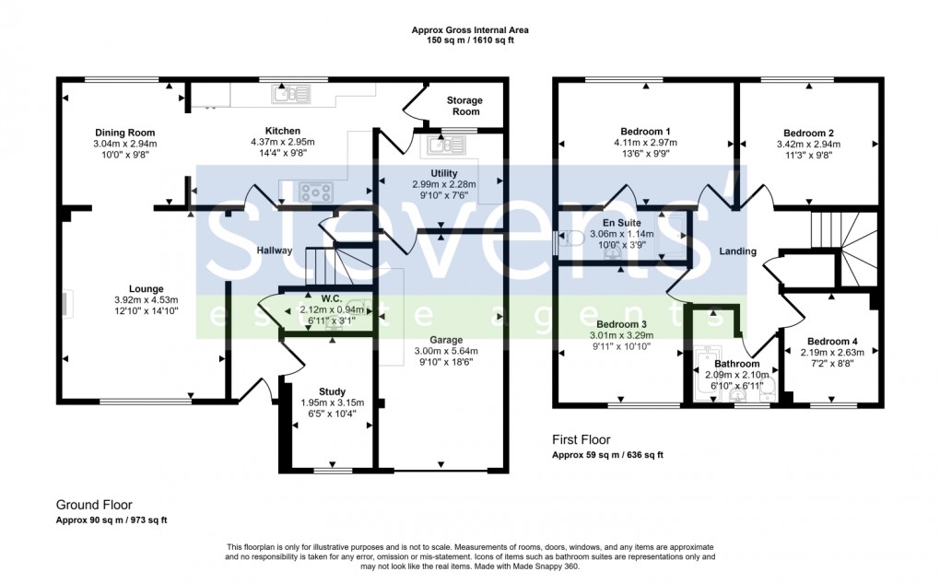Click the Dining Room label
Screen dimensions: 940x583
click(x=124, y=133)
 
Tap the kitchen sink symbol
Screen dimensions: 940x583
click(x=290, y=94)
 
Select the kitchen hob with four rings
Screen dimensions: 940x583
click(x=316, y=192)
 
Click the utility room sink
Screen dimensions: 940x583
click(x=447, y=145)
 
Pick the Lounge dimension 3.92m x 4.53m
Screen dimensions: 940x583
click(x=147, y=300)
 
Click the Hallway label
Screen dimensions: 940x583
click(x=275, y=251)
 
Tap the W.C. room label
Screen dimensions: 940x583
click(x=332, y=298)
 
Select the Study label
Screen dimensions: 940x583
click(x=332, y=391)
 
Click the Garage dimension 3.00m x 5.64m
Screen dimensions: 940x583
click(x=446, y=351)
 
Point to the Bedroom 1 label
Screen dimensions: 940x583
click(x=646, y=131)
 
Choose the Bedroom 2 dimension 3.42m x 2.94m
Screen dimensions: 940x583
click(x=809, y=145)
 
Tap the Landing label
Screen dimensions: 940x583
click(x=738, y=251)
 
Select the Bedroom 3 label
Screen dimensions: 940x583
click(x=621, y=324)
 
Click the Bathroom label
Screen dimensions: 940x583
click(x=736, y=364)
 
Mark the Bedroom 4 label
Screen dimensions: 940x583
click(x=832, y=342)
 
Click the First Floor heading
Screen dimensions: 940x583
click(x=581, y=440)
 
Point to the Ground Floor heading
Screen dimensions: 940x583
click(x=94, y=505)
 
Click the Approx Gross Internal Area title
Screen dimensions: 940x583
click(x=470, y=30)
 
